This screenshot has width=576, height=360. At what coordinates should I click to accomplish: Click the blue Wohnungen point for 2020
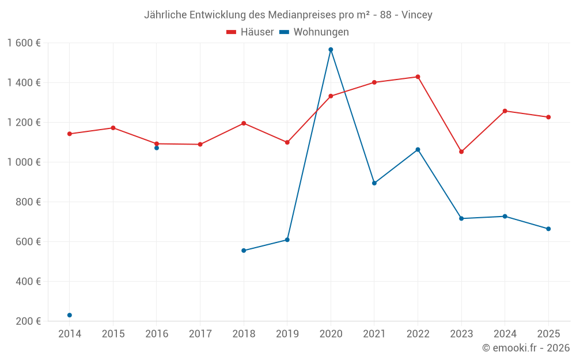tap(331, 50)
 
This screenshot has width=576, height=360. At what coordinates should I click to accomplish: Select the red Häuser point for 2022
tap(418, 77)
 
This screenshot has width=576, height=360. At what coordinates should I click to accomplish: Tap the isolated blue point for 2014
tap(70, 315)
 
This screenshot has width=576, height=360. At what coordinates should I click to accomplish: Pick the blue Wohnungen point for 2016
tap(157, 148)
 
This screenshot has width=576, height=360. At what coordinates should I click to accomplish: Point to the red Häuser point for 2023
tap(461, 151)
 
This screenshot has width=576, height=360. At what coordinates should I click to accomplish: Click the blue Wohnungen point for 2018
tap(244, 251)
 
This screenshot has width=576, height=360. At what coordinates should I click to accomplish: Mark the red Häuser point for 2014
tap(70, 134)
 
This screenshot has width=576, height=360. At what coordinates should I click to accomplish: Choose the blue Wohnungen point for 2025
tap(548, 229)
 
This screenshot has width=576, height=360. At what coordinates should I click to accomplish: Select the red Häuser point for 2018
tap(244, 123)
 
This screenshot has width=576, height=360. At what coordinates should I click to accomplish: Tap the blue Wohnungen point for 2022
tap(418, 150)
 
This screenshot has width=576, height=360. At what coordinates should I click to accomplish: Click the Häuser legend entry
tap(250, 32)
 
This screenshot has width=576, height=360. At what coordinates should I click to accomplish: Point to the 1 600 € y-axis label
tap(24, 43)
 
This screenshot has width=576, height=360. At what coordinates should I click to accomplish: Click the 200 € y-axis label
tap(29, 321)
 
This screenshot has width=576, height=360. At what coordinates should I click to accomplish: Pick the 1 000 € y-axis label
tap(24, 162)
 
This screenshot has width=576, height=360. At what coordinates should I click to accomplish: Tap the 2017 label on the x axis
tap(200, 334)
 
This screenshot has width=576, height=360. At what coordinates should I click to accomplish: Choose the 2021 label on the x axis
tap(374, 334)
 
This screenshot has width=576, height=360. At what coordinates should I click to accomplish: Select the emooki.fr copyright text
tap(525, 348)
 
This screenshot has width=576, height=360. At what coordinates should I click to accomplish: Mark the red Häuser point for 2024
tap(505, 111)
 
